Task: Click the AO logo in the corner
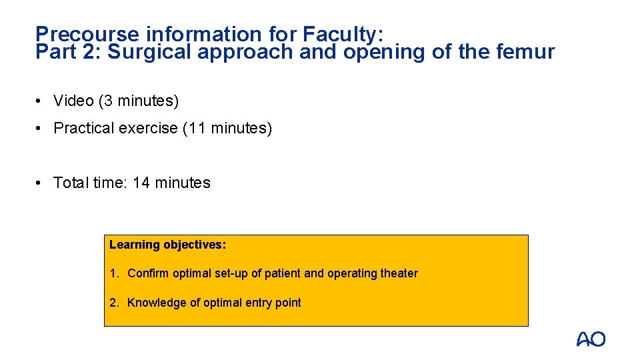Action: click(591, 339)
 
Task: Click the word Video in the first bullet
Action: click(73, 101)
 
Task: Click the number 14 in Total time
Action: click(141, 183)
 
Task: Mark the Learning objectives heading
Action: click(168, 245)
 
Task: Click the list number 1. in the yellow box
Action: click(115, 273)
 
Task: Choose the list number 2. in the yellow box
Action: click(115, 303)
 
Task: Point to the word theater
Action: click(399, 273)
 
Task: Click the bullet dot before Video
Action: click(41, 101)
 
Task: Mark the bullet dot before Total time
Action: click(41, 183)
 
